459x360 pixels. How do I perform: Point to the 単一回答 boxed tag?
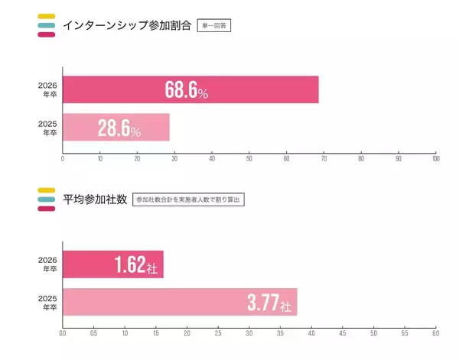[214, 25]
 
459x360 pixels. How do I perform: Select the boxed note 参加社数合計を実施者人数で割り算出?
[188, 199]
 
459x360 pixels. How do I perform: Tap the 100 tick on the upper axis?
[435, 159]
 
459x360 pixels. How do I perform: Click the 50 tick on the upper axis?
[249, 159]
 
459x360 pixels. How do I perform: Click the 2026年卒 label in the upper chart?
[49, 90]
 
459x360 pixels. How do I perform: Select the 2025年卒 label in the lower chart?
[49, 302]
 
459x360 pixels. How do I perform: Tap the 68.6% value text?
[187, 90]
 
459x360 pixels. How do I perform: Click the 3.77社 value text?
[269, 303]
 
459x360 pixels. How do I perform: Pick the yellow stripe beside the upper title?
[45, 16]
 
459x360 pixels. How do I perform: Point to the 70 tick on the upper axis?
[324, 159]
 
